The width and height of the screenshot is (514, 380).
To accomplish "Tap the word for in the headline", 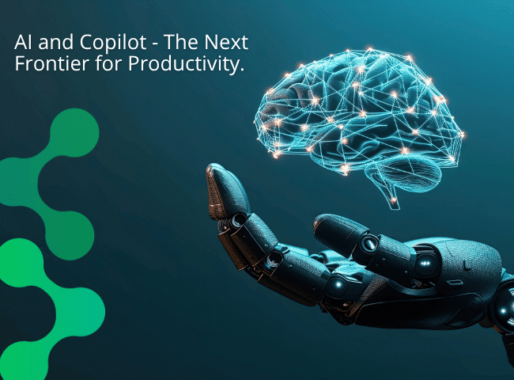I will click(102, 65).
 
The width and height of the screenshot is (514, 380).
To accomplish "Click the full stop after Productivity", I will click(240, 70).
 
